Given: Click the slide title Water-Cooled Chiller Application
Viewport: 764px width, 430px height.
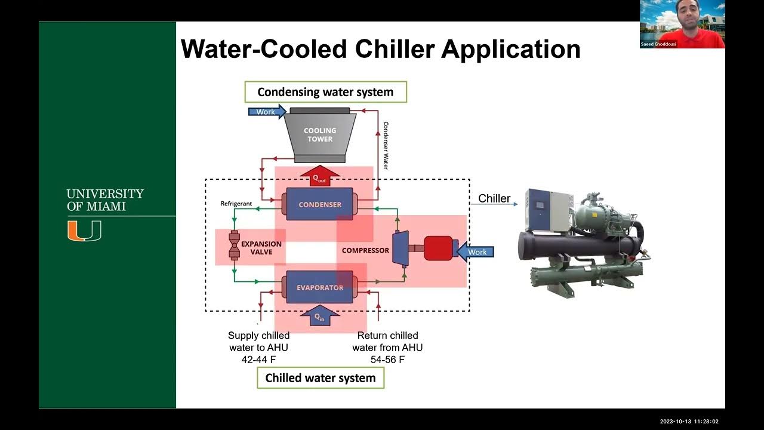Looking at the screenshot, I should tap(380, 49).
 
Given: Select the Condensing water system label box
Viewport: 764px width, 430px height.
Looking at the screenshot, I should tap(325, 92).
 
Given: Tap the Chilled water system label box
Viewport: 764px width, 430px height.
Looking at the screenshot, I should tap(321, 378).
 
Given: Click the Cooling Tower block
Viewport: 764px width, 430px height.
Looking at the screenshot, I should tap(320, 135).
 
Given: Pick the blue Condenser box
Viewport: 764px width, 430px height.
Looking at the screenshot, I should tap(320, 204).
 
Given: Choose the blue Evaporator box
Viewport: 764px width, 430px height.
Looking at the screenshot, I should tap(320, 287).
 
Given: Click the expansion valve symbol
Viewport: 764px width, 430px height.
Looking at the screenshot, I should tap(234, 245).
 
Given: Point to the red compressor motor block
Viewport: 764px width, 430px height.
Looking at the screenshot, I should tap(438, 250).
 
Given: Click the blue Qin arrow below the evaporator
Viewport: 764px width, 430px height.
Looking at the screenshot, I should tap(320, 315).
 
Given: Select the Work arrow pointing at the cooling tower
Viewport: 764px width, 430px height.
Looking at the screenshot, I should tap(266, 112).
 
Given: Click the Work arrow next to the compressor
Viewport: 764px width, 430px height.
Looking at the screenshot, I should tap(476, 252).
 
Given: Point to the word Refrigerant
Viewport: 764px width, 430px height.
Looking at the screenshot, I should tap(236, 204).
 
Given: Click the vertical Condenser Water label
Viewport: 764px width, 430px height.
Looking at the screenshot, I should tap(386, 145).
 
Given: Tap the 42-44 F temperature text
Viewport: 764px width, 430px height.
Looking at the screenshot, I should tap(259, 360).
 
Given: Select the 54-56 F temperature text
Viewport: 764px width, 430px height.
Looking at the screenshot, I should tap(387, 360).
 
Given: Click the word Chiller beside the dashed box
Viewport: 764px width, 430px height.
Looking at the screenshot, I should tap(494, 198).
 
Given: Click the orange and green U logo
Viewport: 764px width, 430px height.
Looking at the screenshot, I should tap(84, 231).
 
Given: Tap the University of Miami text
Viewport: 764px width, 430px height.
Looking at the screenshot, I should tap(105, 200).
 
